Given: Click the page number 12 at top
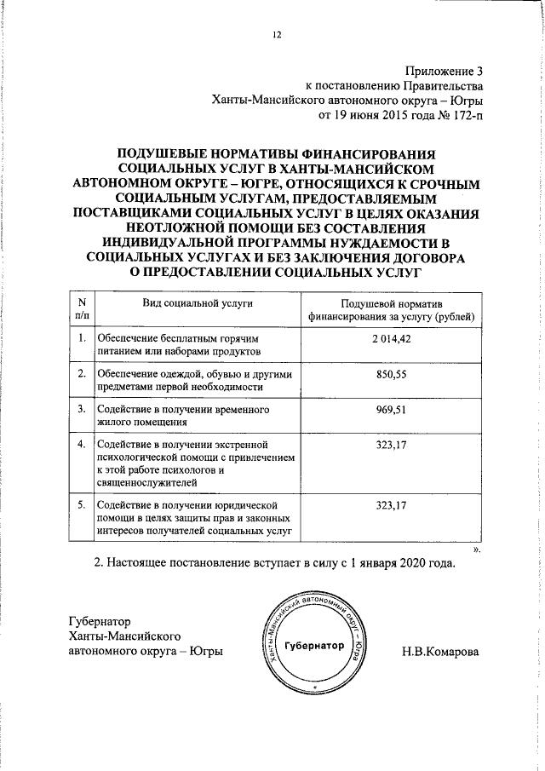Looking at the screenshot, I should [x=276, y=34].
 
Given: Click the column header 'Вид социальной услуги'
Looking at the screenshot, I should [x=197, y=304].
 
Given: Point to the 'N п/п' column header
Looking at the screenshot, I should [x=81, y=310].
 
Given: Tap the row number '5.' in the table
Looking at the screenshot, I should [x=81, y=505].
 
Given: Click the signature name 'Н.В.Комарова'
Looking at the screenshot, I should [x=441, y=652].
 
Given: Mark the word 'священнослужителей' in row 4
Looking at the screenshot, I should [x=146, y=480].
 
